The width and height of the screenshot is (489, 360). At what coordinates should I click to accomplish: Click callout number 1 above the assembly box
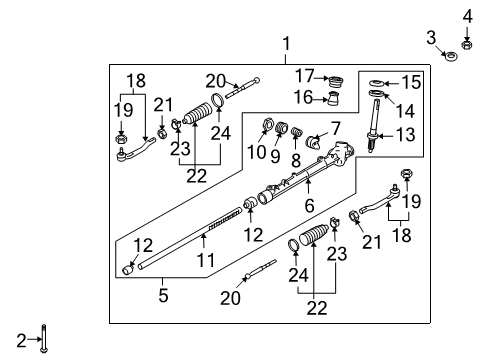(286, 44)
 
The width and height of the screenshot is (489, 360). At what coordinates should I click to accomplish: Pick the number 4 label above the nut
(465, 15)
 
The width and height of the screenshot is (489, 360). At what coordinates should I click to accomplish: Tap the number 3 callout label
(430, 37)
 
